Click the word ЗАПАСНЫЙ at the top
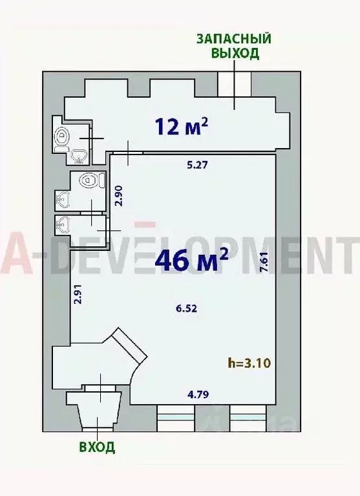click(x=235, y=39)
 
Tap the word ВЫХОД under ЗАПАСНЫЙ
click(x=235, y=54)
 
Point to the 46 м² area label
click(x=191, y=261)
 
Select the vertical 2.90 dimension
click(x=118, y=195)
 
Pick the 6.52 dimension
click(x=185, y=308)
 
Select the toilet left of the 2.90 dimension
click(x=88, y=180)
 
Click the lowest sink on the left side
click(x=63, y=224)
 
